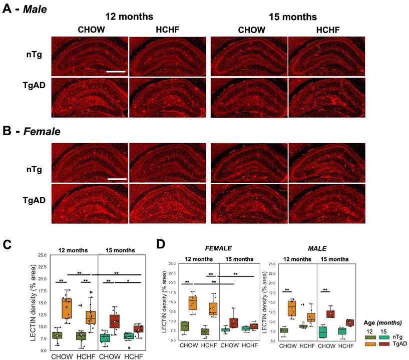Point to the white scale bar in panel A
(116, 71)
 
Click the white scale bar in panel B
(116, 178)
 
